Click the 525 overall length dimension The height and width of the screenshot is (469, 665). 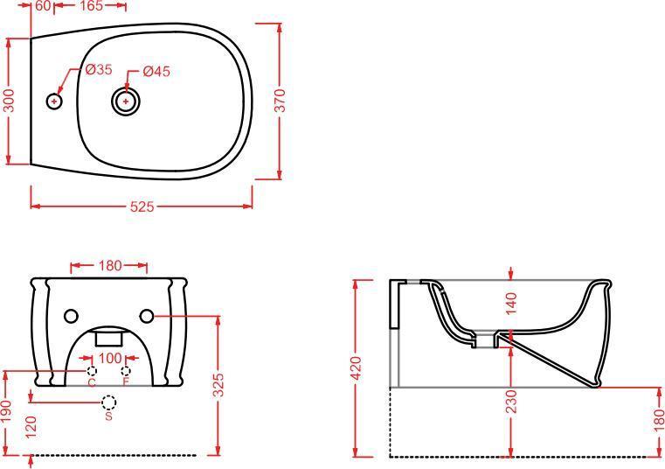point(142,206)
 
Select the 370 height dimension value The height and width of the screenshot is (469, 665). point(280,101)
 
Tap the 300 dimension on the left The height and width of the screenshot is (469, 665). point(9,101)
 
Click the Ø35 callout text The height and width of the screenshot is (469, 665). point(99,69)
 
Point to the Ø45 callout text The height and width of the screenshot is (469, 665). point(156,71)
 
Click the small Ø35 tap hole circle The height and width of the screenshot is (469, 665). point(54,101)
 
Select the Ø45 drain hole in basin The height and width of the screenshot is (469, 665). point(126,101)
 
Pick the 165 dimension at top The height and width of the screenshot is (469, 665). point(91,5)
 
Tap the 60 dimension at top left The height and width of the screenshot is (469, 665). point(43,5)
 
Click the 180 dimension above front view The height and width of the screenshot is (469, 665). point(110,265)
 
